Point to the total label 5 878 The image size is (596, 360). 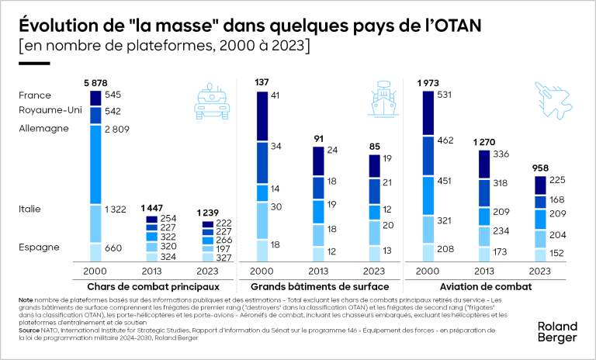95,82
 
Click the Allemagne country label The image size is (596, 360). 44,127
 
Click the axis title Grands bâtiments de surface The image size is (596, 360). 319,286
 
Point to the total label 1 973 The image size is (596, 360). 429,82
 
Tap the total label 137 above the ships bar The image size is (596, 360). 262,82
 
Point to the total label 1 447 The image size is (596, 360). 153,209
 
